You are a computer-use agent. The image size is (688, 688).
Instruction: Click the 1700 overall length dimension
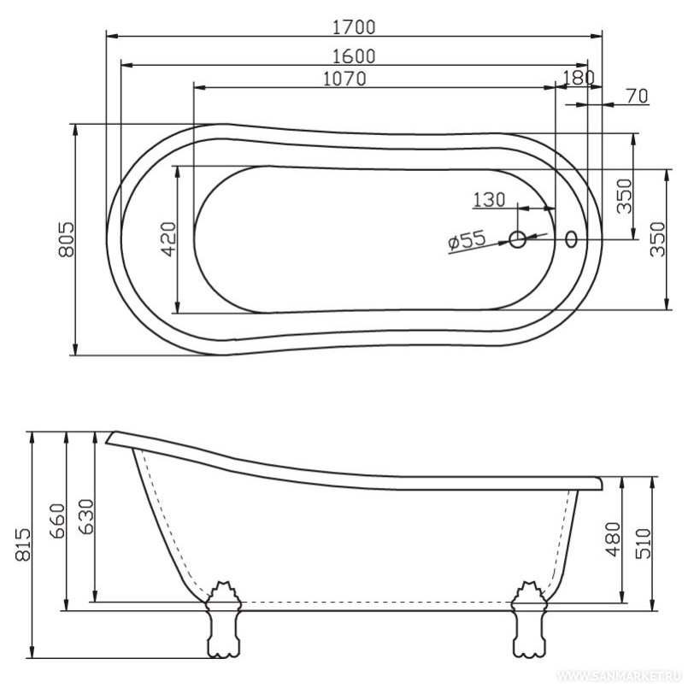[354, 26]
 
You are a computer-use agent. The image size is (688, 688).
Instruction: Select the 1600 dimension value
[354, 56]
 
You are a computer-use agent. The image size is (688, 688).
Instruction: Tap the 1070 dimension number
[344, 79]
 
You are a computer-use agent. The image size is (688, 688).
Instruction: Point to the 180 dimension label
[579, 78]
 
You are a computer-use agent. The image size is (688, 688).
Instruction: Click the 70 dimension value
[636, 97]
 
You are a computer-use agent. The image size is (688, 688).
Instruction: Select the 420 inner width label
[168, 239]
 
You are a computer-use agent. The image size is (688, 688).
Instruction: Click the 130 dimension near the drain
[489, 200]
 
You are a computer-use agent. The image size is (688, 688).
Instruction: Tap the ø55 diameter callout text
[467, 242]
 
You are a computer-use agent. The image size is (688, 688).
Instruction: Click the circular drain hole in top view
[518, 240]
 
